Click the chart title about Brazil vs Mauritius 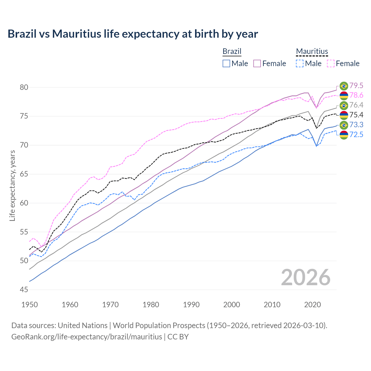tap(133, 34)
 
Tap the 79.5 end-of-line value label tap(356, 86)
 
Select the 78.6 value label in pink tap(356, 95)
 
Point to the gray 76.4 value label tap(356, 105)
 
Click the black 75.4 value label tap(356, 115)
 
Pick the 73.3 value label tap(356, 125)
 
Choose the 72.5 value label tap(356, 134)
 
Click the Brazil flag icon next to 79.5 tap(344, 86)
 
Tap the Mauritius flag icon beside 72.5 tap(344, 135)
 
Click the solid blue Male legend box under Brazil tap(226, 63)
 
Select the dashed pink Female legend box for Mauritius tap(331, 63)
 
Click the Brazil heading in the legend tap(232, 51)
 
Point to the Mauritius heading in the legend tap(312, 51)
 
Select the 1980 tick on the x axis tap(151, 305)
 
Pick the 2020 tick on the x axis tap(312, 305)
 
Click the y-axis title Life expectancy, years tap(12, 185)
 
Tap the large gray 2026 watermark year tap(306, 277)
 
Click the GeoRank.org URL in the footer tap(87, 337)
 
